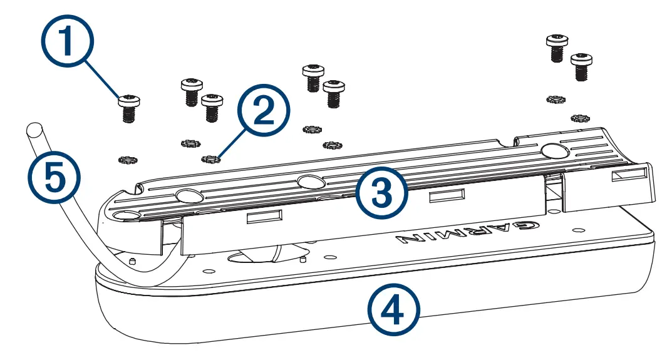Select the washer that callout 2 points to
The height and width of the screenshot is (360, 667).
click(x=209, y=159)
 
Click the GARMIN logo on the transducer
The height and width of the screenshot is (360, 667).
click(x=460, y=232)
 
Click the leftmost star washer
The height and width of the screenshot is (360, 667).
click(x=127, y=160)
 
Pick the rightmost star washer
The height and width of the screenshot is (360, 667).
click(x=580, y=118)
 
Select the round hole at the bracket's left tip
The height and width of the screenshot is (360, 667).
click(x=128, y=215)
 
